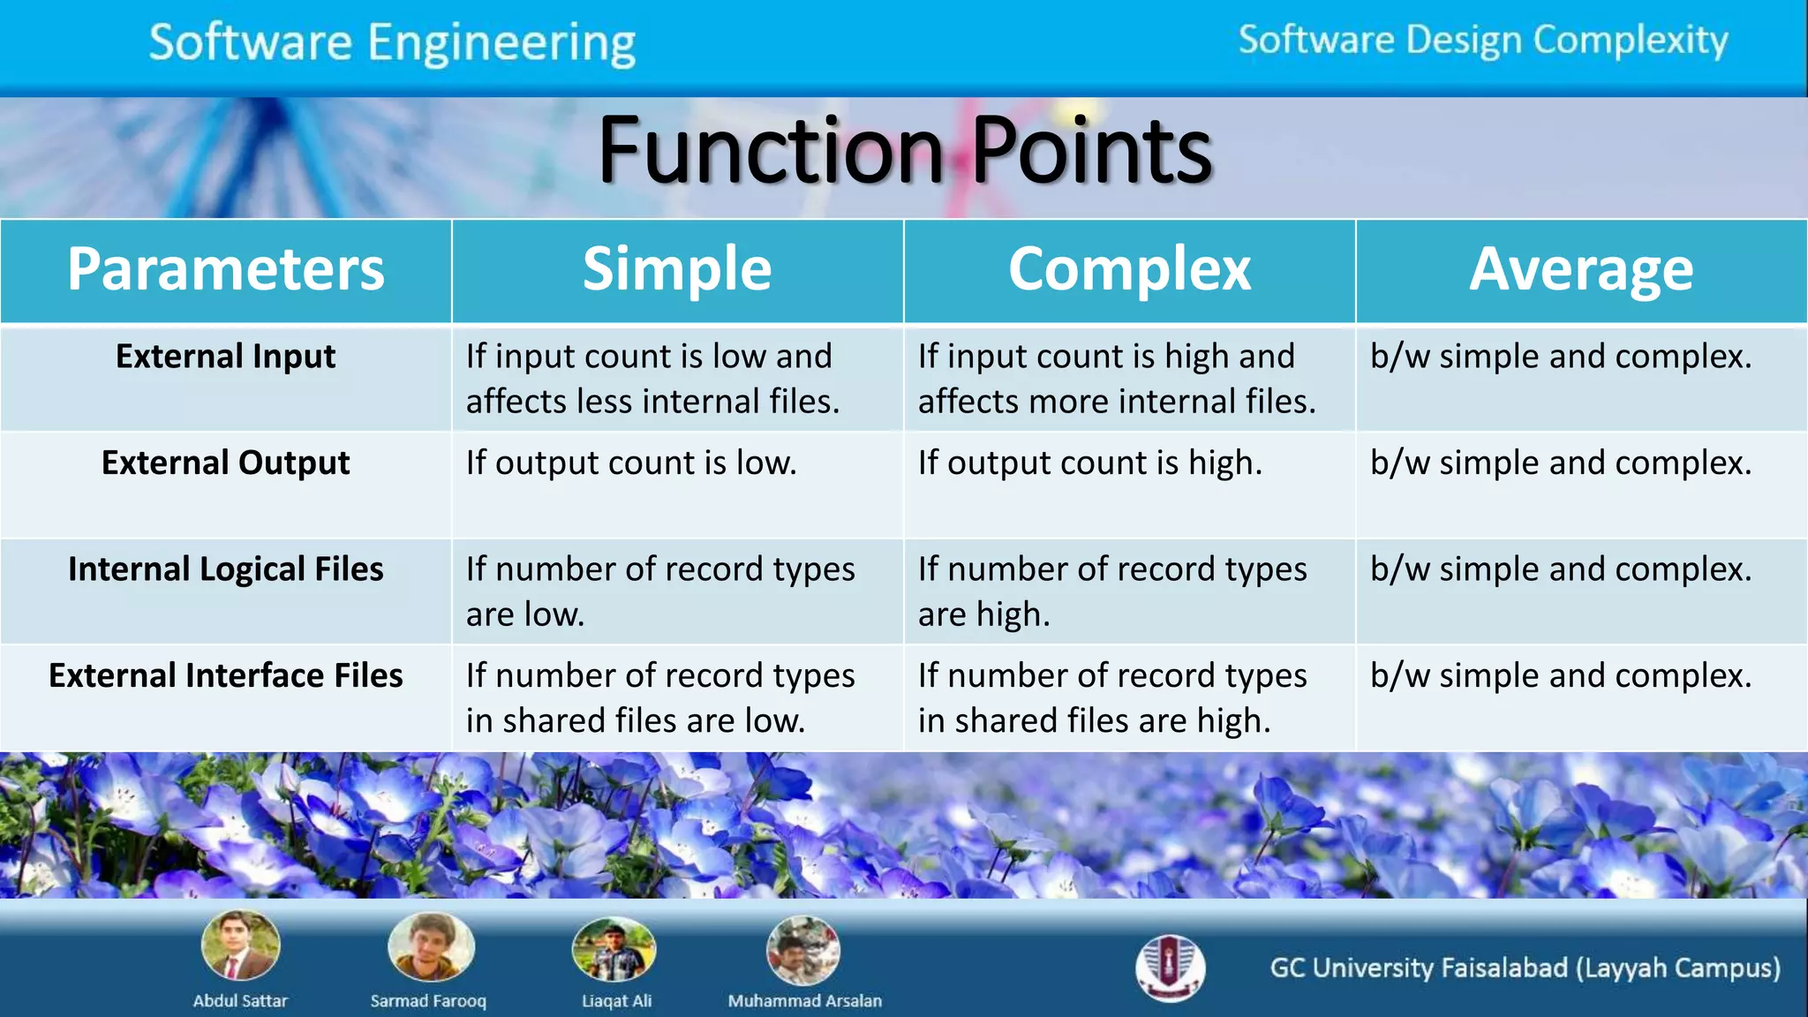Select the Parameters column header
(x=226, y=269)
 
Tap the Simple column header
(x=677, y=269)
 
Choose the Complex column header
(x=1129, y=269)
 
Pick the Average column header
(x=1581, y=269)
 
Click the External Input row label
(x=226, y=357)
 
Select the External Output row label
(x=226, y=463)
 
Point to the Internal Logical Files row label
(x=226, y=569)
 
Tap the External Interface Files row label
(x=226, y=675)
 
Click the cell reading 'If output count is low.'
(x=631, y=463)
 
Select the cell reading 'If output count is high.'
(x=1090, y=463)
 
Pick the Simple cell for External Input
(x=653, y=379)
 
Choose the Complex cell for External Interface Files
(x=1112, y=697)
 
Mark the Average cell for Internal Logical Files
(x=1561, y=569)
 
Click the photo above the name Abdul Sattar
(x=240, y=945)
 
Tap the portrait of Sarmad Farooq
(x=431, y=946)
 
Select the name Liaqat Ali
(x=616, y=1001)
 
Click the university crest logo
(x=1170, y=968)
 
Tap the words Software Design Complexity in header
(x=1483, y=41)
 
